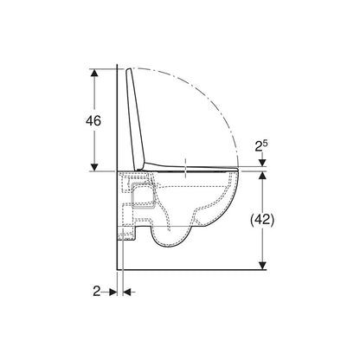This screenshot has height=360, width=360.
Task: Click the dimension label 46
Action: click(x=93, y=120)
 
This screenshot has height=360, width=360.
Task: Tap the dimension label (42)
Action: click(x=261, y=220)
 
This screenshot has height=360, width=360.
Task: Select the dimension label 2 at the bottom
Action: click(x=96, y=292)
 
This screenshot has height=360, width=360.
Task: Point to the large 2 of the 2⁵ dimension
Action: click(x=258, y=147)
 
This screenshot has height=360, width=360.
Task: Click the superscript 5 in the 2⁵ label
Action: click(x=265, y=143)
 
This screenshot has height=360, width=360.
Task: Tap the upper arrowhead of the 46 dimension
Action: click(x=94, y=73)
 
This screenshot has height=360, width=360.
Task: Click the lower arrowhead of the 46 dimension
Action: click(x=94, y=167)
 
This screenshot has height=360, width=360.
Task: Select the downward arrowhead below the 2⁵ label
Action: click(x=262, y=163)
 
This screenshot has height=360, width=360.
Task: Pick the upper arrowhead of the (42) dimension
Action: click(x=262, y=175)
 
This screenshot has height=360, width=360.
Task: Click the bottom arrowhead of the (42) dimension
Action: click(x=262, y=266)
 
